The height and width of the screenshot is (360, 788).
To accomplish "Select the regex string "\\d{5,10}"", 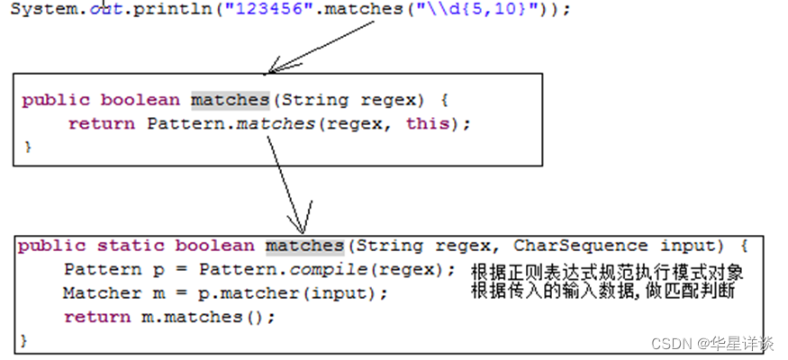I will pos(474,8).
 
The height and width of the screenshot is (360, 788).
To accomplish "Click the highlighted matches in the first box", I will pos(230,100).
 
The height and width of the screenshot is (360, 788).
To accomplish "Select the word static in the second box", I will pos(129,246).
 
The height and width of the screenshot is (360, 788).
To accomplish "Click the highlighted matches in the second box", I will pos(304,246).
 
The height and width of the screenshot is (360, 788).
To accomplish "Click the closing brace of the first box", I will pos(27,145).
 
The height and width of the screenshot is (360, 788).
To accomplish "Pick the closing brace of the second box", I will pos(24,340).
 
